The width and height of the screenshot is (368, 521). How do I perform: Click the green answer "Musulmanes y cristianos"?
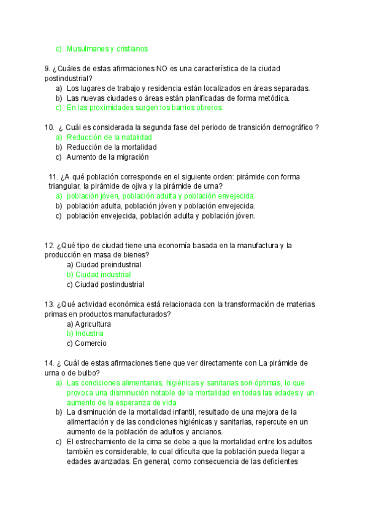point(107,49)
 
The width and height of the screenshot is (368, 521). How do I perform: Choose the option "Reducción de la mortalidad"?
point(111,147)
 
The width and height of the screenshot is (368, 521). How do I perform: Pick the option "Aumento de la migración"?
point(107,157)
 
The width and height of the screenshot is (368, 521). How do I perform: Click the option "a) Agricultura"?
point(89,324)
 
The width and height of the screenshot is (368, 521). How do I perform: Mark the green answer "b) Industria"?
point(85,334)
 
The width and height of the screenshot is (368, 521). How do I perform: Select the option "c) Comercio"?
point(86,344)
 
